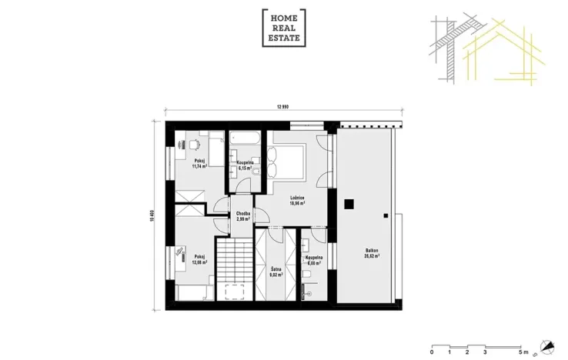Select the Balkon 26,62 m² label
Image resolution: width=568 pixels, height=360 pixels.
pos(371,254)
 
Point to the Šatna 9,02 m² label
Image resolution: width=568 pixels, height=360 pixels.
pos(276,272)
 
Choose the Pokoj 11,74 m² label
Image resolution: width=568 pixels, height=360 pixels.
pos(201,163)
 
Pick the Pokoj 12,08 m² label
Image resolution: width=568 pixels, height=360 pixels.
pos(200,259)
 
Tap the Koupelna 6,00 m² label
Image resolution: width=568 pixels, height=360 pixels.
pos(313,260)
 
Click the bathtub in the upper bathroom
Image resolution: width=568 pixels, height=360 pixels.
pos(245,138)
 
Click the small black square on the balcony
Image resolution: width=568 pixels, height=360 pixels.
pos(349,204)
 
